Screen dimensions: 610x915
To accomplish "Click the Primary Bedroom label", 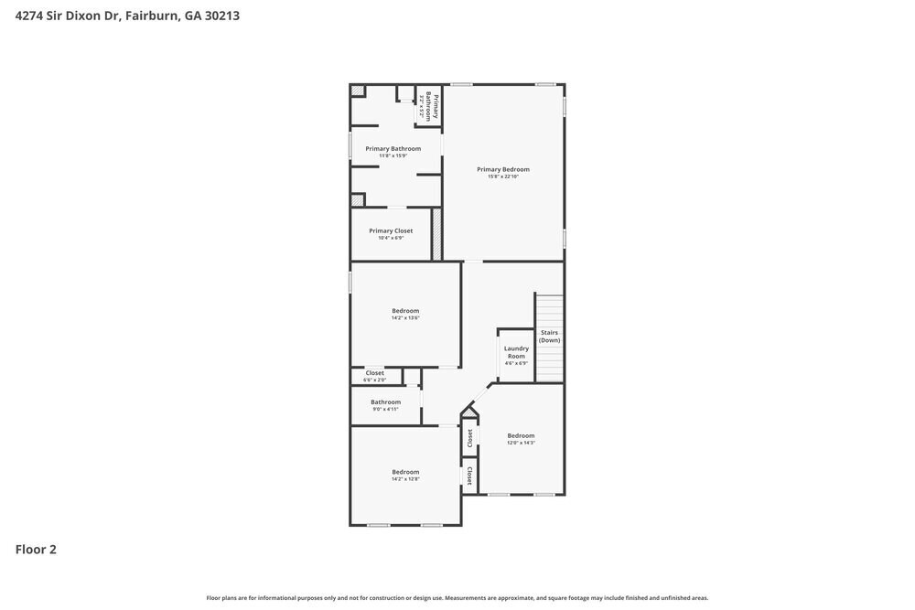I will tap(503, 169).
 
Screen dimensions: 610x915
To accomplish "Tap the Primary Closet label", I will tap(391, 231).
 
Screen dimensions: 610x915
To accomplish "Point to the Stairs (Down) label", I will tap(549, 336).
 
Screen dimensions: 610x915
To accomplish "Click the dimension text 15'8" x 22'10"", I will tap(503, 177).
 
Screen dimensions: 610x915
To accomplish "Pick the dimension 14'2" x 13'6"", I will tap(405, 318).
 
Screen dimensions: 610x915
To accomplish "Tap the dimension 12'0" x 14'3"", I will tap(521, 443).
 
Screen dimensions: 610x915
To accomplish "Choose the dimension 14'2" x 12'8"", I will tap(405, 479).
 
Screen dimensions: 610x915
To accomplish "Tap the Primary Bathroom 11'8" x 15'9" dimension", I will tap(393, 155).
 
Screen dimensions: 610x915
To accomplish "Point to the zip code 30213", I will tap(222, 16).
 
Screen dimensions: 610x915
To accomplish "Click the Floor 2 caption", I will tap(36, 550).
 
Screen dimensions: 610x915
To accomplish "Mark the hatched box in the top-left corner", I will tap(358, 90).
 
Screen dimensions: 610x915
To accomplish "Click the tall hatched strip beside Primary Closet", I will tap(437, 234).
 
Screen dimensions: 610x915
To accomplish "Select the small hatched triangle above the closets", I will tap(468, 412).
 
